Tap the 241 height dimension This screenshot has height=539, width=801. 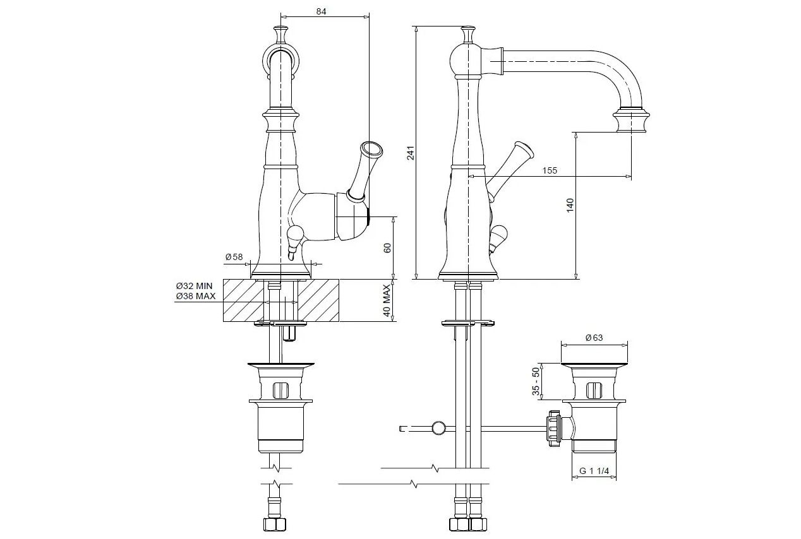[411, 153]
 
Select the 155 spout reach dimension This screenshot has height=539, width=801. [550, 170]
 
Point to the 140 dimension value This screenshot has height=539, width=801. [569, 205]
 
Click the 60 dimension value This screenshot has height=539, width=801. [388, 248]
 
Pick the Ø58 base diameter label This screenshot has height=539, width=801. [234, 257]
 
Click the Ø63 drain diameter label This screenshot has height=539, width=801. [594, 338]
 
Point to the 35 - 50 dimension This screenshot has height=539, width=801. [536, 382]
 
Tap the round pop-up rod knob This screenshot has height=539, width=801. [437, 429]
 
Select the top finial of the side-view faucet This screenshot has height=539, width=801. [468, 33]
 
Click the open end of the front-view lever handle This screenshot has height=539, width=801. [371, 150]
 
